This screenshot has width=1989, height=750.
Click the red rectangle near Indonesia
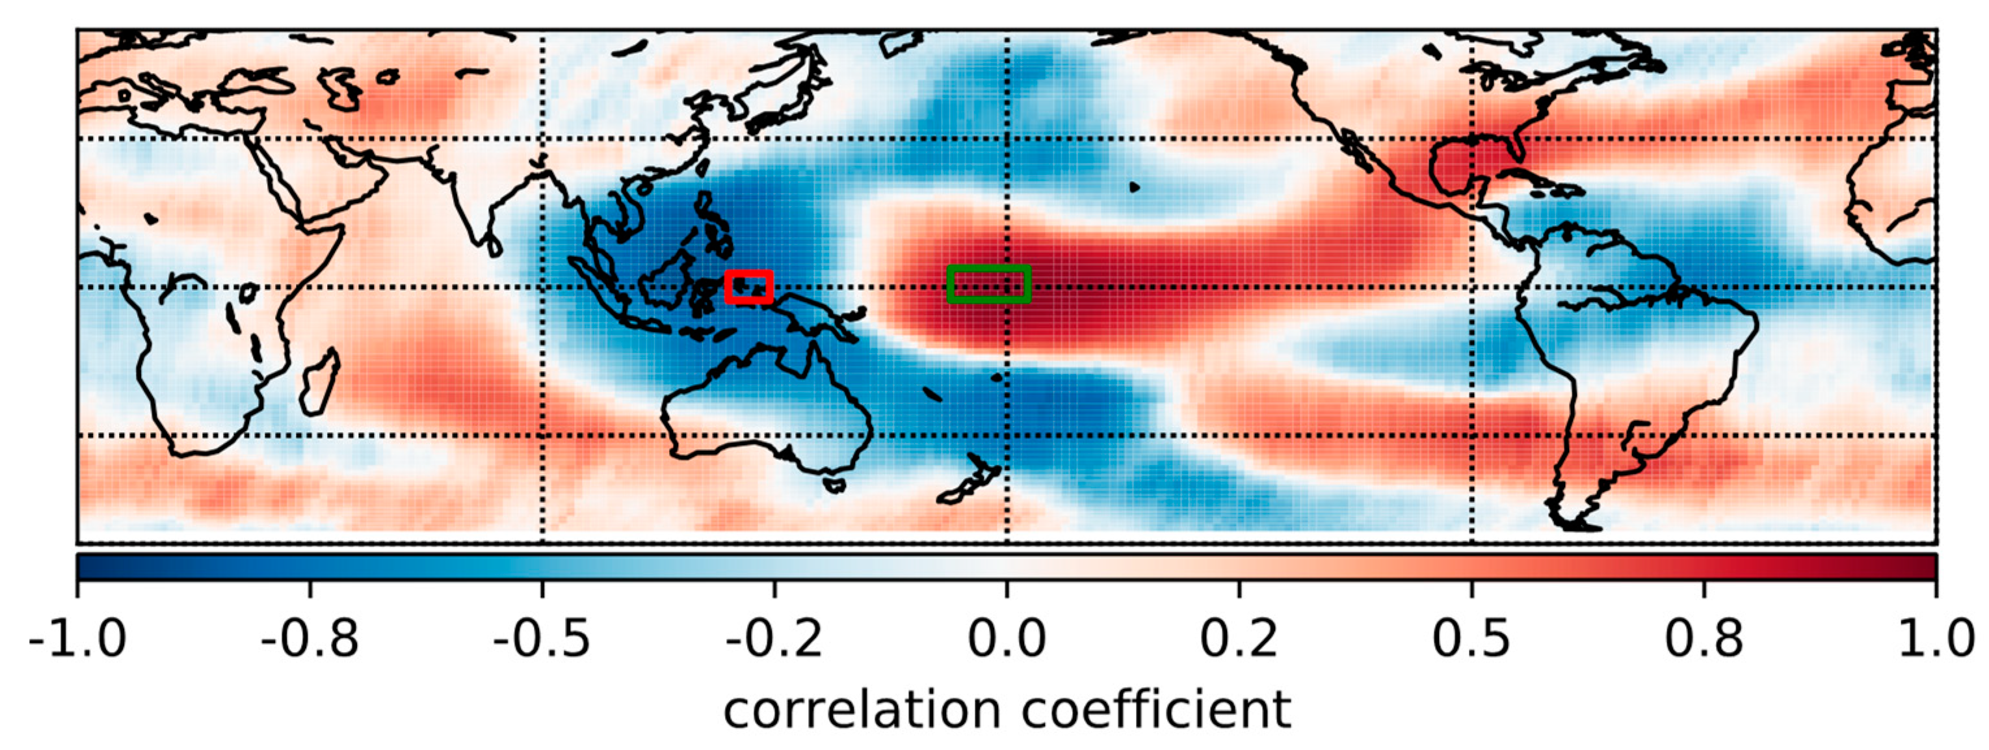pyautogui.click(x=749, y=273)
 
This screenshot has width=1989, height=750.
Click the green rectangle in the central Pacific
pyautogui.click(x=988, y=267)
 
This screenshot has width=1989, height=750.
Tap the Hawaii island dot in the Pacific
pyautogui.click(x=1134, y=186)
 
